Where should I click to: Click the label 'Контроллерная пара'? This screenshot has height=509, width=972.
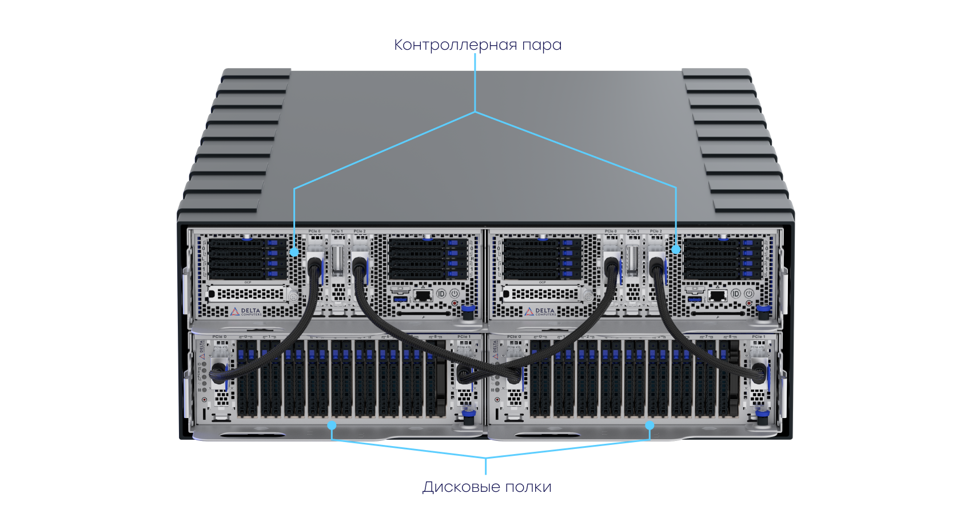coord(477,45)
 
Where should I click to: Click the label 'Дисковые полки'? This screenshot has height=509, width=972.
coord(487,487)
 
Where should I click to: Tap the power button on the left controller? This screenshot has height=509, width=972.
coord(454,293)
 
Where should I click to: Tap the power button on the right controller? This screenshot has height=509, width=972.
coord(749,293)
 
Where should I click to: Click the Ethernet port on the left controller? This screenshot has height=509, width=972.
coord(423,295)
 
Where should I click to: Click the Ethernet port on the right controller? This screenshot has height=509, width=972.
coord(718,295)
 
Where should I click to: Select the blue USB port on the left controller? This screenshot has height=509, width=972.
coord(400,299)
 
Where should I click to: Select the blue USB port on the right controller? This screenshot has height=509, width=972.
coord(695,299)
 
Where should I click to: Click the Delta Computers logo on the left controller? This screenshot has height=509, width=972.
coord(246,312)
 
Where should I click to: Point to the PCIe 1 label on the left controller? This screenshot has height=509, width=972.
coord(337,231)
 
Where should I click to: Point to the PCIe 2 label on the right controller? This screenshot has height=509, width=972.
coord(656,231)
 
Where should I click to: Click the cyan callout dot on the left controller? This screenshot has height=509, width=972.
coord(294,251)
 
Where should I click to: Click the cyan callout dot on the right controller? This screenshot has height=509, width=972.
coord(676,249)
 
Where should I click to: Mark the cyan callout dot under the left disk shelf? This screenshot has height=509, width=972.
coord(332,426)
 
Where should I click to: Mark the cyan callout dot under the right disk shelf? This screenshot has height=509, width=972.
coord(650,426)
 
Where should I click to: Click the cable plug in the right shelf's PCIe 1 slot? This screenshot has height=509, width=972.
coord(758,372)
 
